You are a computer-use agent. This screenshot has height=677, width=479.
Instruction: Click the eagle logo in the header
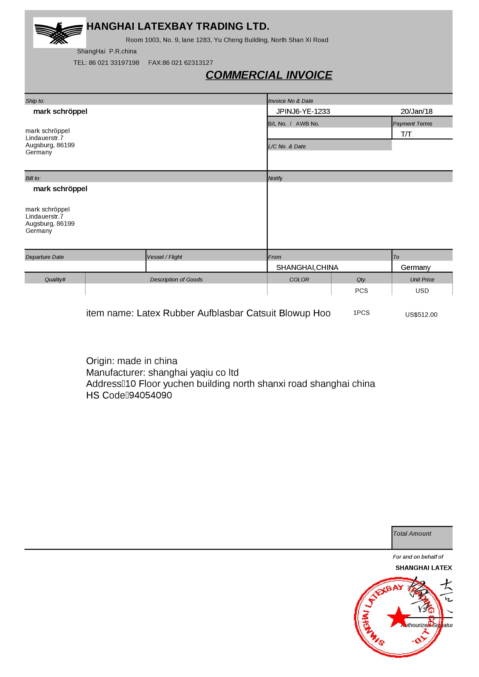(x=59, y=33)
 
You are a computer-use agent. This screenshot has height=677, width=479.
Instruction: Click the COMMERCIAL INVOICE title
(x=269, y=75)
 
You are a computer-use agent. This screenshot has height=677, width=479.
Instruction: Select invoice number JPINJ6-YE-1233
(x=303, y=112)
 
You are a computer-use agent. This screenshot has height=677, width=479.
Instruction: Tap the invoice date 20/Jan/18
(x=416, y=112)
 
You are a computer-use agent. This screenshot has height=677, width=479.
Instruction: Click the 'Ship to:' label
(x=35, y=101)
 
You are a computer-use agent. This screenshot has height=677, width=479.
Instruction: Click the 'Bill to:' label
(x=33, y=178)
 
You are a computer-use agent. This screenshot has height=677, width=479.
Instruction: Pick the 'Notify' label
(x=275, y=178)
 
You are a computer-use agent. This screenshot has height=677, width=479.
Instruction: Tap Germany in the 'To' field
(x=415, y=267)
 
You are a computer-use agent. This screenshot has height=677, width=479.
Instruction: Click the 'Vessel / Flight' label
(x=164, y=257)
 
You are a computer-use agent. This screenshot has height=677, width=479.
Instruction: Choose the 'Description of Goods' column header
(x=176, y=280)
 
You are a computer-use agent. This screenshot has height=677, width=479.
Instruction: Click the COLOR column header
(x=299, y=280)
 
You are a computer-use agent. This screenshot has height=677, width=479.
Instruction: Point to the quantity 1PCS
(x=361, y=313)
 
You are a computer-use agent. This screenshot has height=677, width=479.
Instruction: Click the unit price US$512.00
(x=421, y=315)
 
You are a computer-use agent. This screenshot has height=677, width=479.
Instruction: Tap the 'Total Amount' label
(x=412, y=534)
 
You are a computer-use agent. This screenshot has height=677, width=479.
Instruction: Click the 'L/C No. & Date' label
(x=287, y=147)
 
